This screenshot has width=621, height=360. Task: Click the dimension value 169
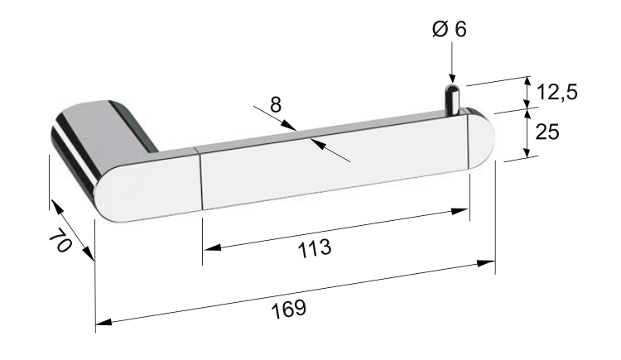[x=289, y=309]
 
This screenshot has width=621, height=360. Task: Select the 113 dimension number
[x=314, y=248]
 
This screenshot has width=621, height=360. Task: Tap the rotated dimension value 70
[x=60, y=240]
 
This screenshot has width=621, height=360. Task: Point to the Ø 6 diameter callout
[x=450, y=29]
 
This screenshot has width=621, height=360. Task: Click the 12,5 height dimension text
[x=557, y=93]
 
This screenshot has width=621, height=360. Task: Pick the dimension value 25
[x=547, y=132]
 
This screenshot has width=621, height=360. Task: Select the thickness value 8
[x=276, y=105]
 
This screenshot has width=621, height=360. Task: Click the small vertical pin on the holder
[x=453, y=99]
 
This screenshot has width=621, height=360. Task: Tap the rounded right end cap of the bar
[x=481, y=141]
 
